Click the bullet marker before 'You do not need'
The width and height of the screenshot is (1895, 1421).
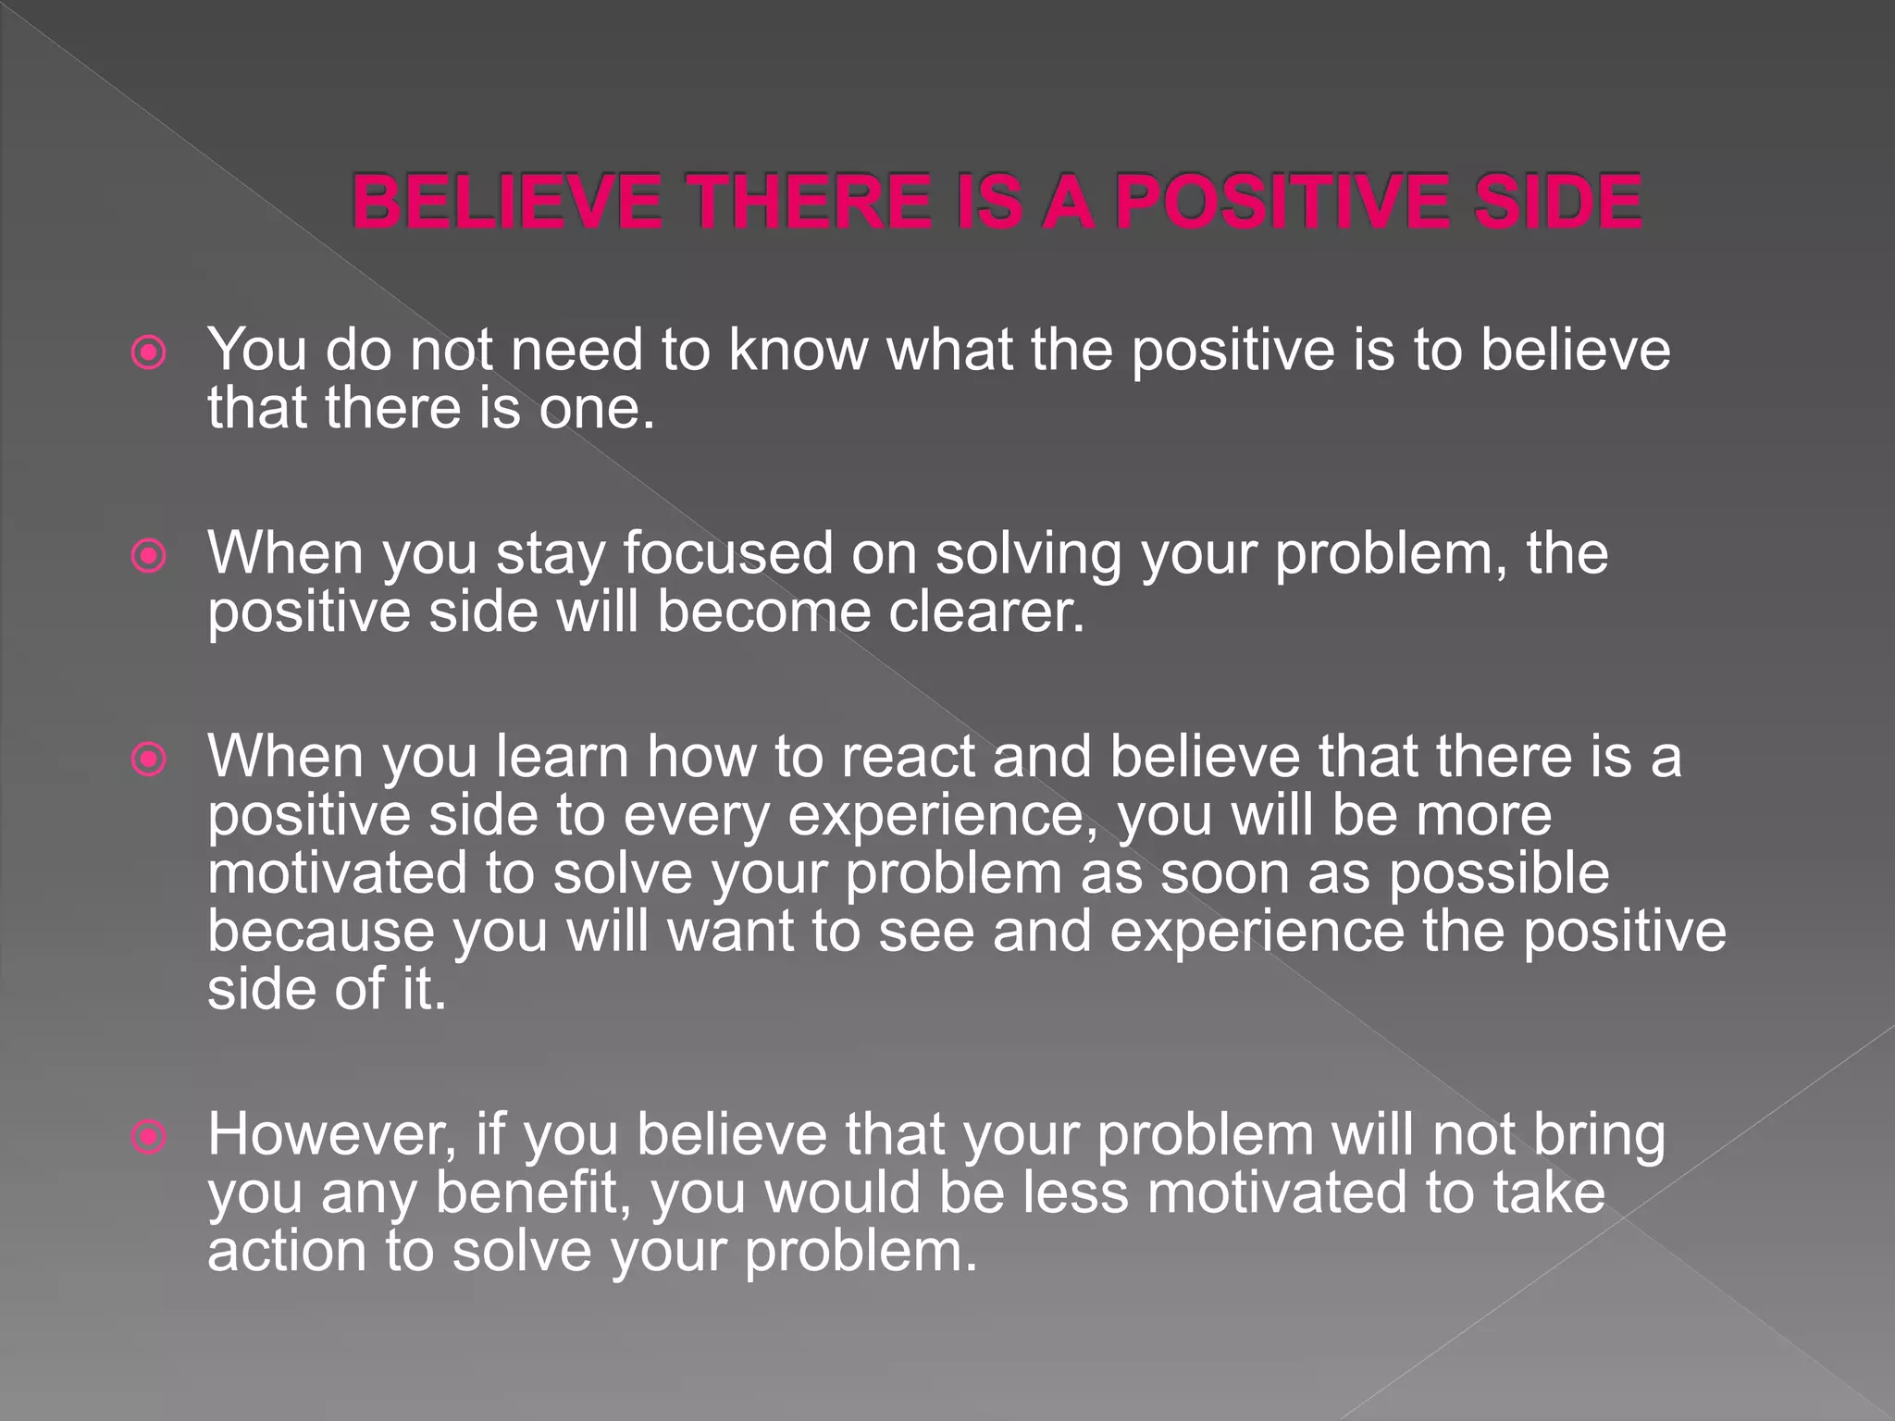[149, 352]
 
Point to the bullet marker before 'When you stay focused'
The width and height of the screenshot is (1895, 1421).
[149, 556]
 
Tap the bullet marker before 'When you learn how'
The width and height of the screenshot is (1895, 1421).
[149, 760]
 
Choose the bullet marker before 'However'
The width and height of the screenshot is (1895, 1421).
[149, 1137]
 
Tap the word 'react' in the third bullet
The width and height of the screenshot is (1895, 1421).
[908, 757]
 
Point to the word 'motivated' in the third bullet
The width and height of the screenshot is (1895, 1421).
[337, 873]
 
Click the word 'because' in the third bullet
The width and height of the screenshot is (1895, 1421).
[320, 931]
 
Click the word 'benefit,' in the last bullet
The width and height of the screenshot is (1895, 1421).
[533, 1192]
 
